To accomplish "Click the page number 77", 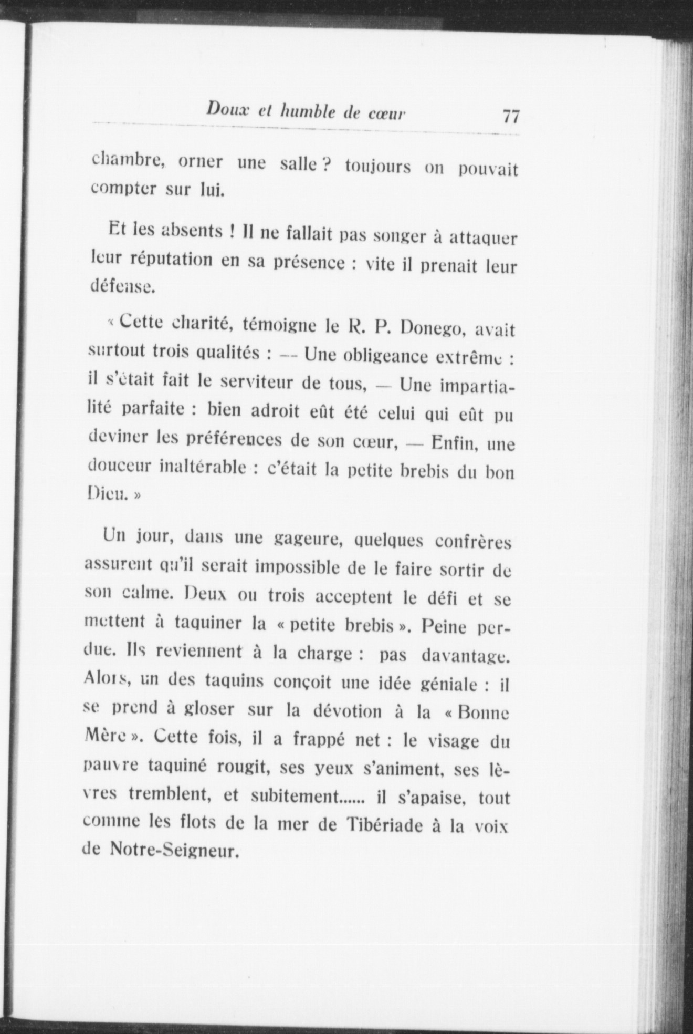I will pyautogui.click(x=510, y=116).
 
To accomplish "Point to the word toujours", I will pyautogui.click(x=378, y=167).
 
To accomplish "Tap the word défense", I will pyautogui.click(x=121, y=287).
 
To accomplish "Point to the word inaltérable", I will pyautogui.click(x=202, y=467).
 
